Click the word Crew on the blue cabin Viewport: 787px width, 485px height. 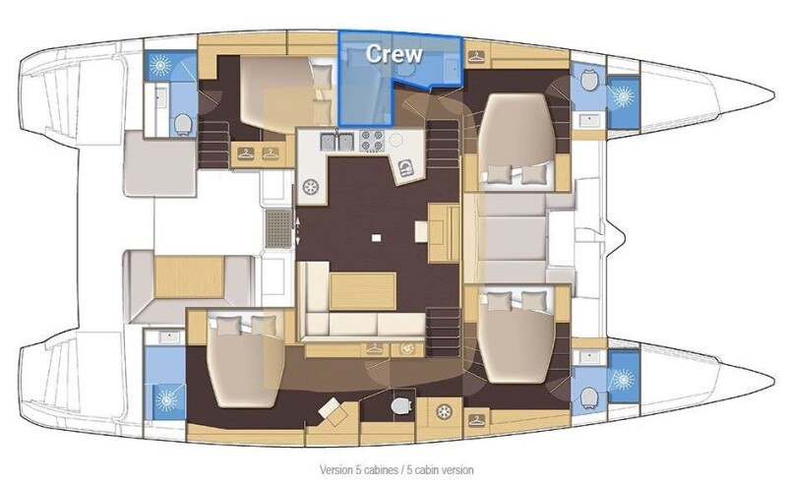click(x=394, y=54)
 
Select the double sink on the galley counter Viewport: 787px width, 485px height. click(x=337, y=141)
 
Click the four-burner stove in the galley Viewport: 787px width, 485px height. click(x=373, y=141)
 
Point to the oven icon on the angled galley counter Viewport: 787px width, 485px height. click(x=405, y=168)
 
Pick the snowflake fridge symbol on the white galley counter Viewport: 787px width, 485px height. click(x=311, y=187)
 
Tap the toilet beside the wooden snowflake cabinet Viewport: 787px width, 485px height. click(x=401, y=405)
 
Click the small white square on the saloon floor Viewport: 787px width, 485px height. click(x=376, y=238)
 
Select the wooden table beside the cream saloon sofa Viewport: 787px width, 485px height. click(x=363, y=291)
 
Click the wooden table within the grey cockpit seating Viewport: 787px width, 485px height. click(x=189, y=276)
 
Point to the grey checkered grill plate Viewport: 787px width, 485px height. click(x=278, y=229)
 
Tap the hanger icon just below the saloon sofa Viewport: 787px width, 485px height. click(x=375, y=348)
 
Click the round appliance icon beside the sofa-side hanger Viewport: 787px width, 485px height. click(x=406, y=348)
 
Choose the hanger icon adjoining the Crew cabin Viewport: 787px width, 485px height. click(x=476, y=56)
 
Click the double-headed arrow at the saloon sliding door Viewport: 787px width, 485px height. click(x=298, y=231)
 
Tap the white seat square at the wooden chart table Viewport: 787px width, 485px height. click(x=421, y=231)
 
